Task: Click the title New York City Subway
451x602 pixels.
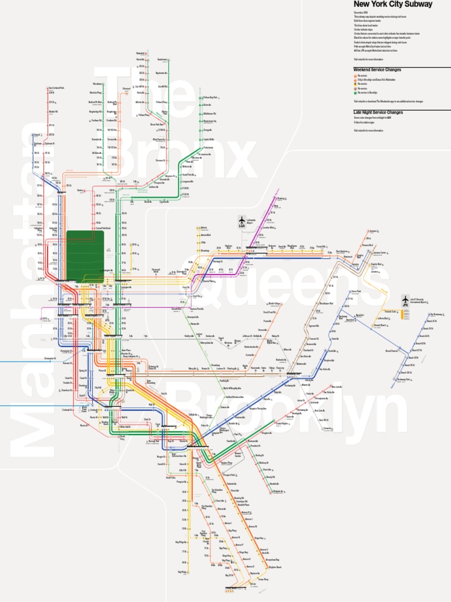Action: pyautogui.click(x=393, y=4)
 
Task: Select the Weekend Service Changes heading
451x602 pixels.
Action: pyautogui.click(x=377, y=70)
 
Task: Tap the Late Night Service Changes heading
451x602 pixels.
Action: pyautogui.click(x=378, y=112)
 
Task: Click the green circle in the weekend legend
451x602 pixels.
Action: pyautogui.click(x=355, y=92)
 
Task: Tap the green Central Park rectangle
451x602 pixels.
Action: pyautogui.click(x=85, y=256)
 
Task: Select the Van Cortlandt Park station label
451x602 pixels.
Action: pyautogui.click(x=56, y=88)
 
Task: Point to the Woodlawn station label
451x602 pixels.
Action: pyautogui.click(x=98, y=84)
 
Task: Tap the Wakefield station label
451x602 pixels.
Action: pyautogui.click(x=141, y=52)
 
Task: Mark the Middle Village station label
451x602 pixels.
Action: pyautogui.click(x=275, y=304)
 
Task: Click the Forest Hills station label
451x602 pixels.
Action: pyautogui.click(x=321, y=247)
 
